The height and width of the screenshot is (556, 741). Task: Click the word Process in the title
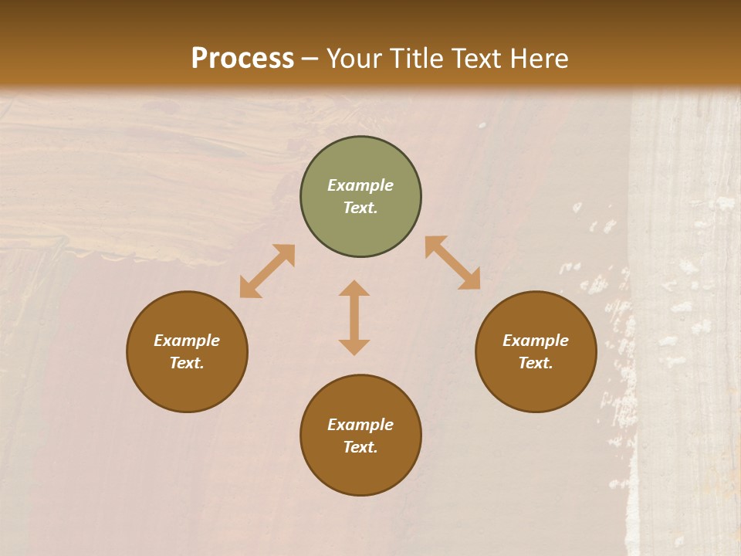pyautogui.click(x=242, y=59)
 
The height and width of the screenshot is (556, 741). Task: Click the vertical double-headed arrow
pyautogui.click(x=354, y=317)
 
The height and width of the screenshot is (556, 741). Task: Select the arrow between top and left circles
pyautogui.click(x=267, y=271)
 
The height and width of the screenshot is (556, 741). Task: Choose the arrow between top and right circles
pyautogui.click(x=453, y=263)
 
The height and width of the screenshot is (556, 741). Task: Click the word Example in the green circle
pyautogui.click(x=360, y=185)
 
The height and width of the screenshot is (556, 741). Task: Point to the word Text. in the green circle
pyautogui.click(x=360, y=208)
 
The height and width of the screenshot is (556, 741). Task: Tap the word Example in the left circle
pyautogui.click(x=187, y=341)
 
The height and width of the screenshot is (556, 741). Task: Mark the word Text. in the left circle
pyautogui.click(x=187, y=363)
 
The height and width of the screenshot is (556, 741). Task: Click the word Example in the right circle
pyautogui.click(x=536, y=341)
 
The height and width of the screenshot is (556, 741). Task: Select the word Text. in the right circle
pyautogui.click(x=536, y=363)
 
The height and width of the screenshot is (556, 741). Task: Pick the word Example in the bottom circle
pyautogui.click(x=360, y=425)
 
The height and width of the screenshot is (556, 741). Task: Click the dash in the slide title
pyautogui.click(x=310, y=59)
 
